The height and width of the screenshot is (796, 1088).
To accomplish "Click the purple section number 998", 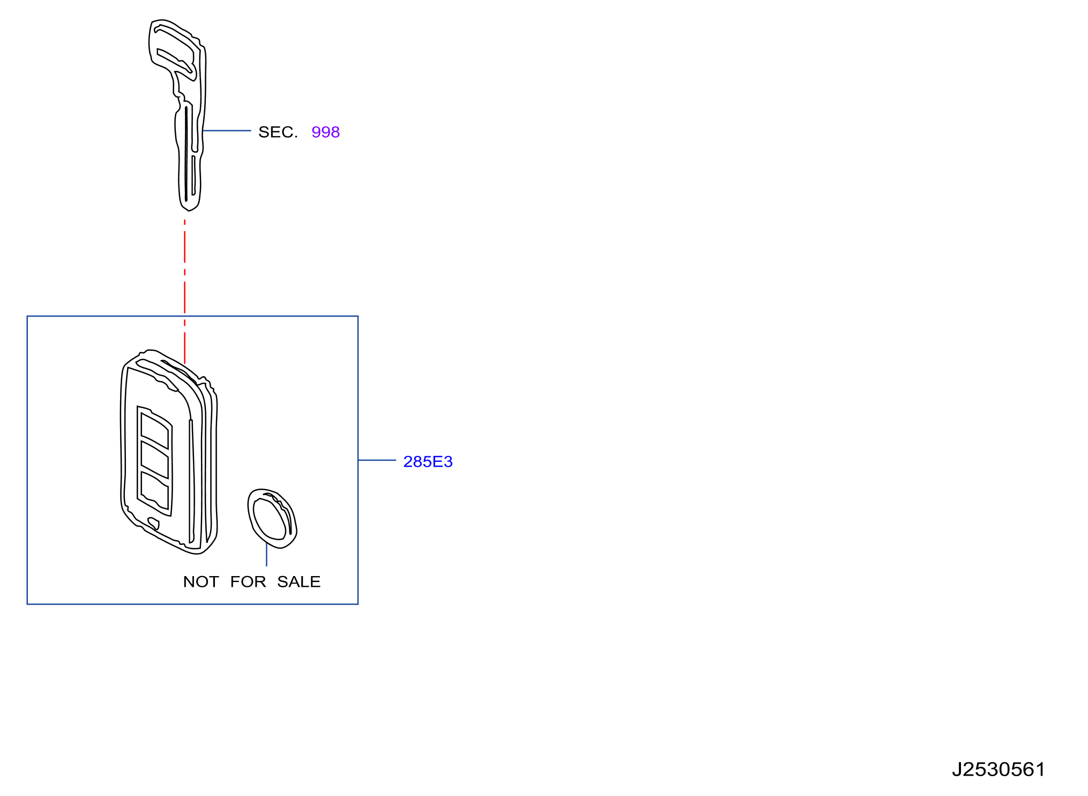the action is coord(325,132).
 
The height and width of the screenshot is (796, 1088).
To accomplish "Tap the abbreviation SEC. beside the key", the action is coord(278,132).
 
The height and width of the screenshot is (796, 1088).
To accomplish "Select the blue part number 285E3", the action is coord(428,461).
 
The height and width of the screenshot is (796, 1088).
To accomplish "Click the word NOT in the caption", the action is coord(201,581).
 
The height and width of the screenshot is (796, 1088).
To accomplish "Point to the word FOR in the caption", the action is coord(248,581).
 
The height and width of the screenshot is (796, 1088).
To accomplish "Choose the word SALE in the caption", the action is coord(299,581).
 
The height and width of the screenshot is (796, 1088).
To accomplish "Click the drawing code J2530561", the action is coord(998,769).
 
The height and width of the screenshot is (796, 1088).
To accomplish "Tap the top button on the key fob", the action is coord(154,430).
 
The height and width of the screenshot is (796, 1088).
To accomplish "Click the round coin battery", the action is coord(272,519).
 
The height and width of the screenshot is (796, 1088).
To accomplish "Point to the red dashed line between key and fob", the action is coord(185,292).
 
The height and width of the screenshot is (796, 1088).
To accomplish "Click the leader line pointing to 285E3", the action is coord(377,460).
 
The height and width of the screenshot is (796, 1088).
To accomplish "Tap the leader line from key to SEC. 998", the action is coord(227,130).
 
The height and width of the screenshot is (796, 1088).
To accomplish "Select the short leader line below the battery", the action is coord(266,554).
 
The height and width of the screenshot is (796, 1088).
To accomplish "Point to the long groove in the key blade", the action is coord(186,154).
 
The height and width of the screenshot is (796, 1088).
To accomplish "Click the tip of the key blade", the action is coord(189,209).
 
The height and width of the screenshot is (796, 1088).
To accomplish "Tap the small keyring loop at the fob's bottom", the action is coord(153,523).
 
